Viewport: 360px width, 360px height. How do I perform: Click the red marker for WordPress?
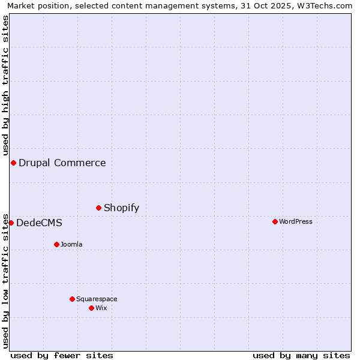click(275, 221)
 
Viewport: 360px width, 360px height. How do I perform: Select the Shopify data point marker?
click(98, 208)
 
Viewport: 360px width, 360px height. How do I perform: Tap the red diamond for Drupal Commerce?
click(13, 163)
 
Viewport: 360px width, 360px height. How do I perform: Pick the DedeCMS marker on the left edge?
click(11, 223)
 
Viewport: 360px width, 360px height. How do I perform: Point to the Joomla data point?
click(56, 244)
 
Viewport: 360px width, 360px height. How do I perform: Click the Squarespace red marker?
click(72, 299)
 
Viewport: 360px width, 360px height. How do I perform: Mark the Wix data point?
click(91, 308)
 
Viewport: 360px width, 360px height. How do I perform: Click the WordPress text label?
click(295, 221)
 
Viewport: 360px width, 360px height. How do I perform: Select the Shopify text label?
click(121, 208)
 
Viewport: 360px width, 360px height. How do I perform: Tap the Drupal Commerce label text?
click(62, 163)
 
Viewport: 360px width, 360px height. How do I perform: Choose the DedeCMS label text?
click(39, 223)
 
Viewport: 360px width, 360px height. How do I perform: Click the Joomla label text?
click(71, 244)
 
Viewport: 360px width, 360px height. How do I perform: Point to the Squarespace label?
click(97, 299)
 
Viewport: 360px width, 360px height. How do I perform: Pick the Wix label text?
click(101, 308)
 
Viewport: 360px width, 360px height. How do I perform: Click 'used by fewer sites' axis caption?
click(62, 355)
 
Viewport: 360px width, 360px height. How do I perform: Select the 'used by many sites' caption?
click(301, 355)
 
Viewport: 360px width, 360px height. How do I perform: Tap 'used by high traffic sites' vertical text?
click(5, 86)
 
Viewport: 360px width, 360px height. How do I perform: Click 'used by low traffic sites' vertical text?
click(5, 280)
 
